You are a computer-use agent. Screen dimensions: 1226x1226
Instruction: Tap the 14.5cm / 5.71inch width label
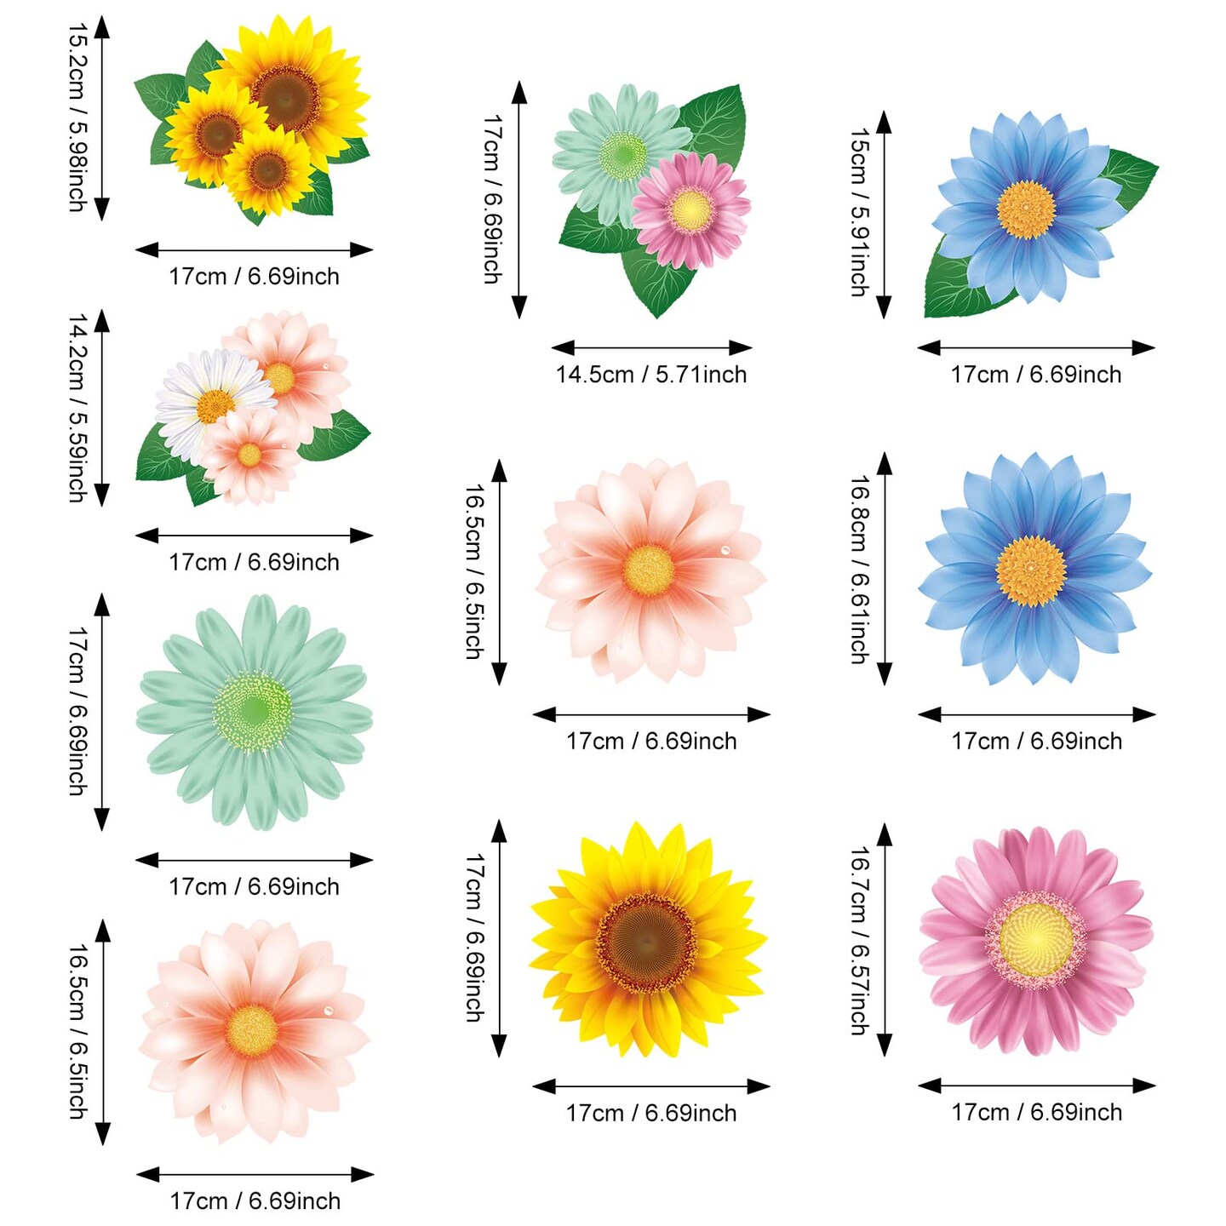tap(651, 375)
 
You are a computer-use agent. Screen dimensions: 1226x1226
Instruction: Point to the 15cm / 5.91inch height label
tap(860, 213)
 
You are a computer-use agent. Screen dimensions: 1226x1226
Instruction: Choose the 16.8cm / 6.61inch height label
tap(860, 569)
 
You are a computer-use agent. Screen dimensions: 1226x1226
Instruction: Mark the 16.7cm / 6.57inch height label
tap(860, 940)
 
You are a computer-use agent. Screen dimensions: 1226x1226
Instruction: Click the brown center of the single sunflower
tap(645, 942)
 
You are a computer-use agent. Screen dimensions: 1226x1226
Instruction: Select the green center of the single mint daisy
tap(253, 710)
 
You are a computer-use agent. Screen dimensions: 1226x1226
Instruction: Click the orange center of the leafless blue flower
tap(1030, 570)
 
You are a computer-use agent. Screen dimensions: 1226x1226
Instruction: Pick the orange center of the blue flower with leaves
tap(1026, 209)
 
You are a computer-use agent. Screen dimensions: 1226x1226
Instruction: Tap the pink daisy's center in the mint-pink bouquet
tap(690, 209)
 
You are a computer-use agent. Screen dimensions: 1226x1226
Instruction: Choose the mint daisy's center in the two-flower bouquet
tap(622, 154)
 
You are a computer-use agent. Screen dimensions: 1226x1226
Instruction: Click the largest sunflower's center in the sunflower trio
tap(288, 97)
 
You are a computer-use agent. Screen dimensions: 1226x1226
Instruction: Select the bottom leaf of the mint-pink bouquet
tap(656, 285)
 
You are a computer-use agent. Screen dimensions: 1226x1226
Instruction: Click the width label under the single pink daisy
tap(1036, 1112)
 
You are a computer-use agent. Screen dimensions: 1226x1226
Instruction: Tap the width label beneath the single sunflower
tap(651, 1113)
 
